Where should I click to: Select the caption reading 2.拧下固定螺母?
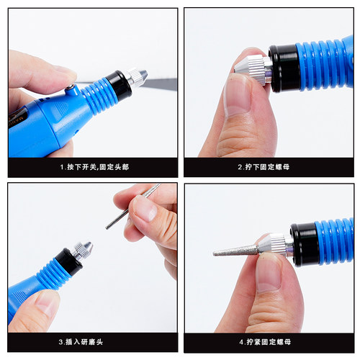(x=269, y=167)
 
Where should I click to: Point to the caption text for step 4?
(x=269, y=343)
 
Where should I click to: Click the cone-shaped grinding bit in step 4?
(x=235, y=250)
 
